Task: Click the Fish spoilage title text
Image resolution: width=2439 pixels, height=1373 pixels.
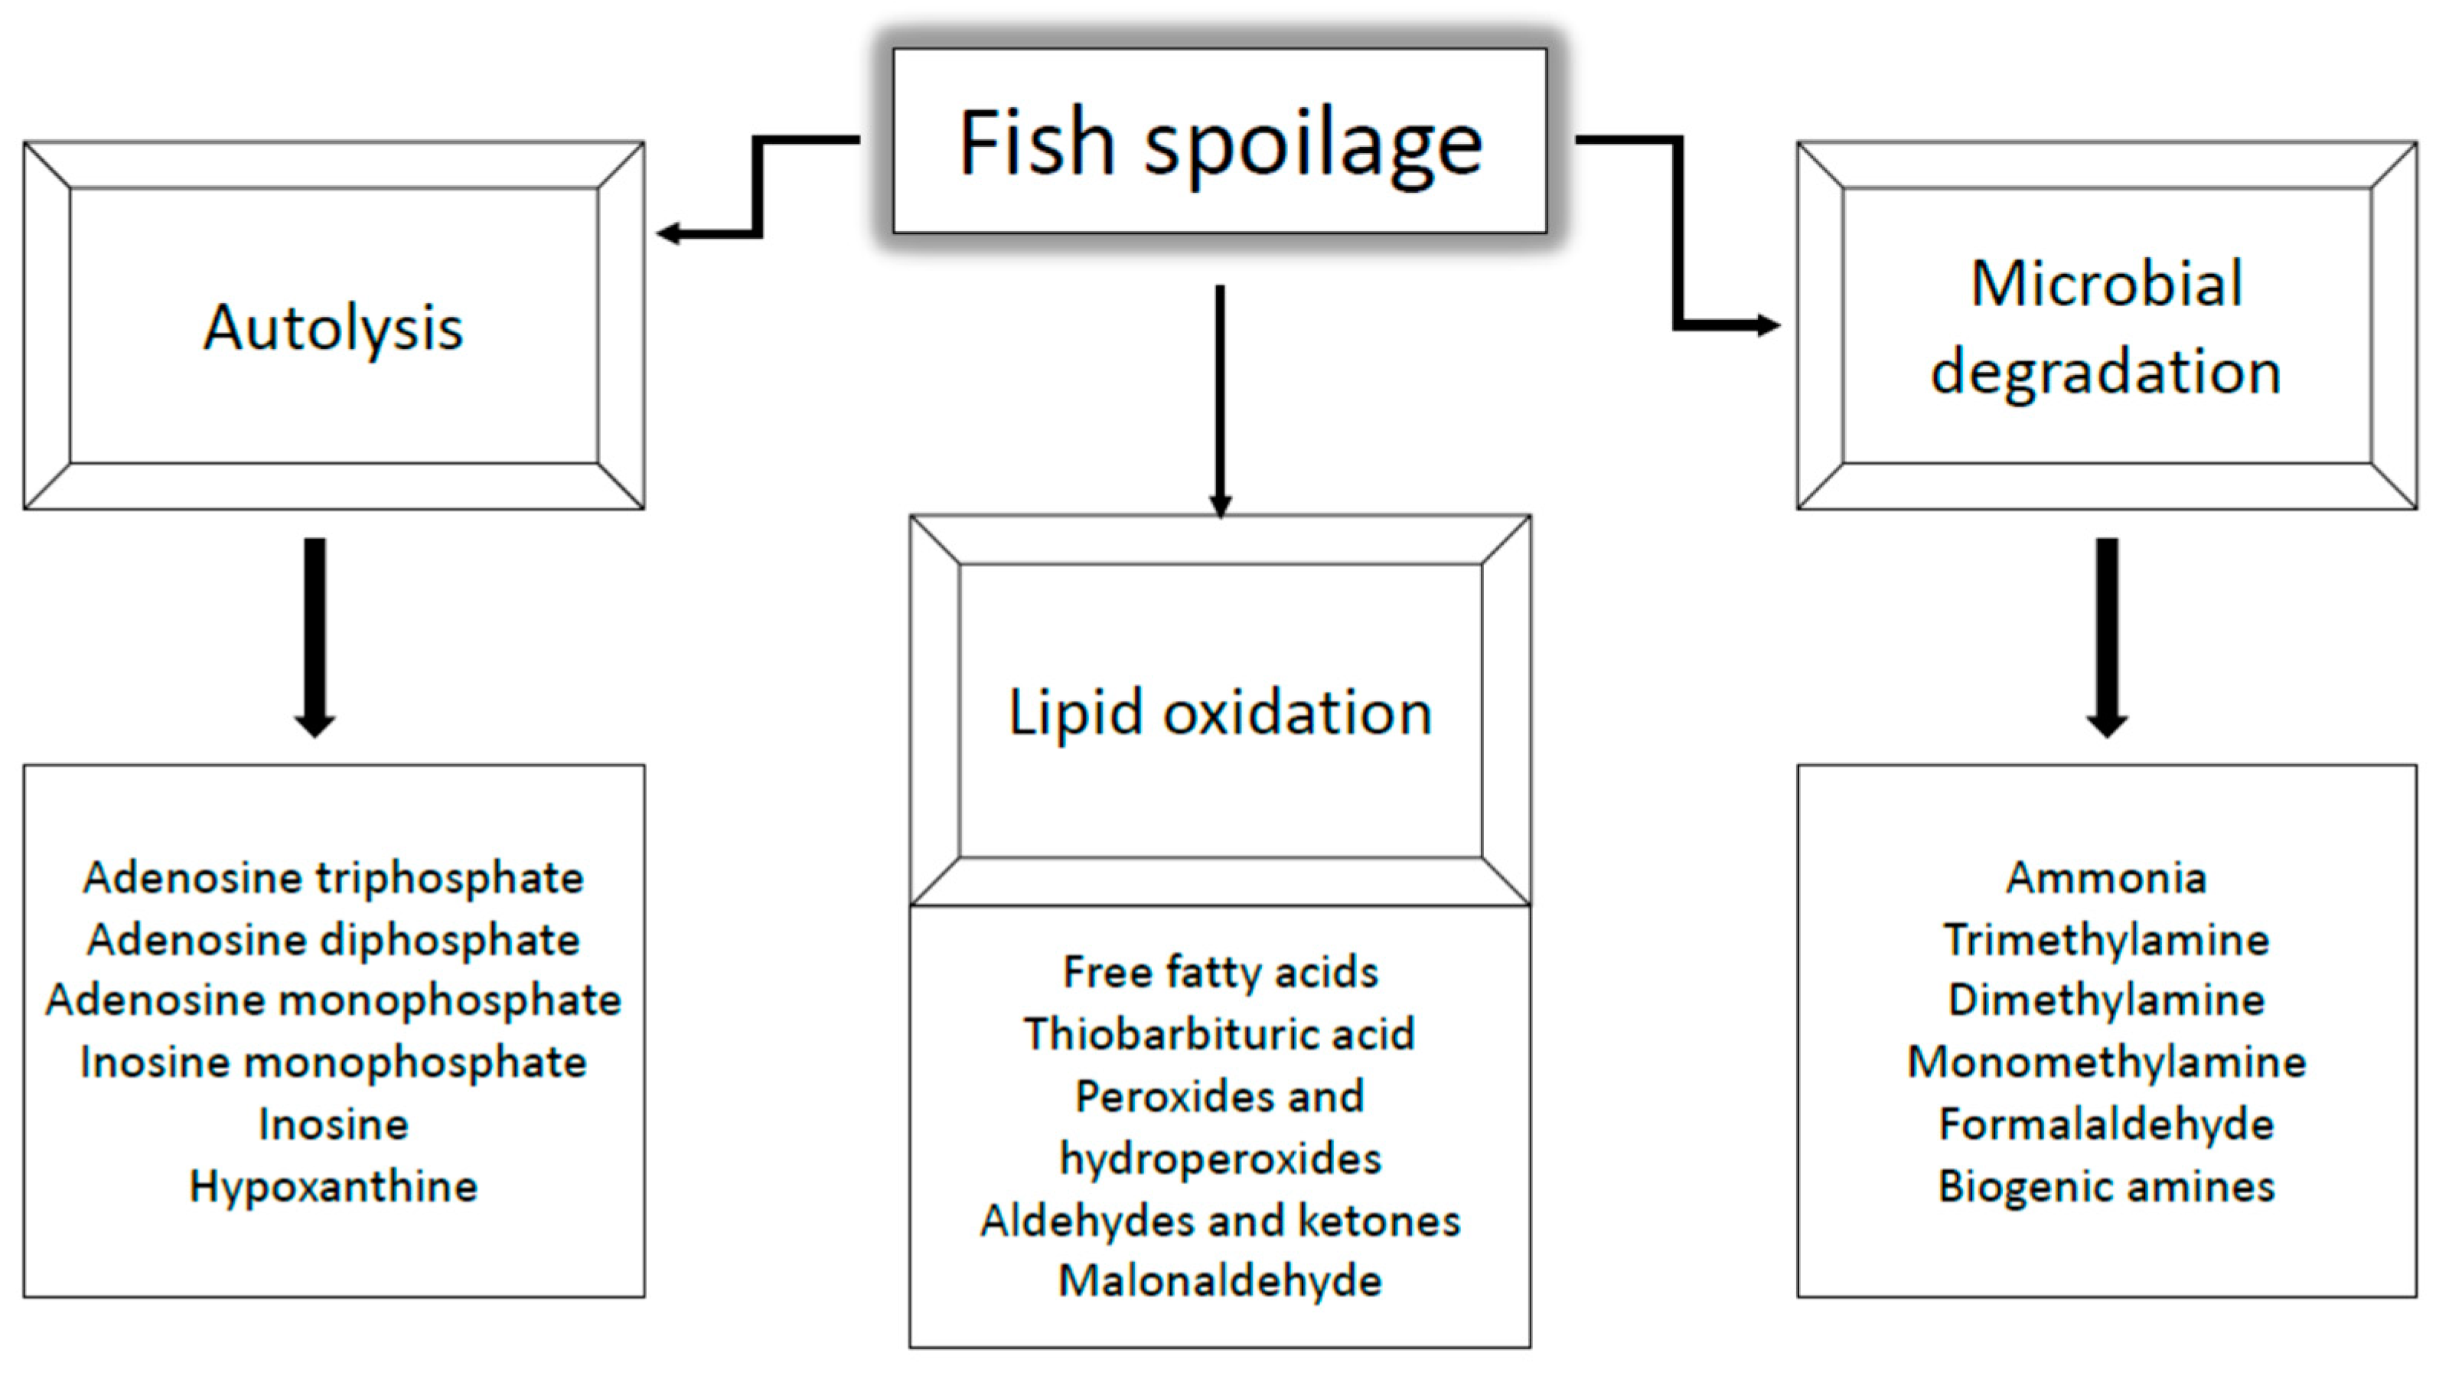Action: [1220, 144]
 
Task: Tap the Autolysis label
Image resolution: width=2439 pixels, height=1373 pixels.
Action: [333, 328]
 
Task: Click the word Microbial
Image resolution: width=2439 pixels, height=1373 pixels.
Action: [2106, 283]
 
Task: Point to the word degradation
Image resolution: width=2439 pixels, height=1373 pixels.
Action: [2106, 371]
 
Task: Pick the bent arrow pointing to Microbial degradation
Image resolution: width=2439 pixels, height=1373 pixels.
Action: [1678, 236]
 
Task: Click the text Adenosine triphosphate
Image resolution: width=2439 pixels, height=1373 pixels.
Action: [333, 878]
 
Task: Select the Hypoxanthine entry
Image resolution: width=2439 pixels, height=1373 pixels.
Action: [333, 1186]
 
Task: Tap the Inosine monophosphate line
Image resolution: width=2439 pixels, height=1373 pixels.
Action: [333, 1062]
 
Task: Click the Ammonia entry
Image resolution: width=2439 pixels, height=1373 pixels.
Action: [2106, 878]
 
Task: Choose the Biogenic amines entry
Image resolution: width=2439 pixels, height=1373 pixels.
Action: [2106, 1186]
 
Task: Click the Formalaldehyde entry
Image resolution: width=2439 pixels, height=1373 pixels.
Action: [2106, 1125]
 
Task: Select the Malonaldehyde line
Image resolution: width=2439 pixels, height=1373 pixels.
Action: [1220, 1281]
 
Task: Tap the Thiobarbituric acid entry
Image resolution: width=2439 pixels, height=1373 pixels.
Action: [1220, 1034]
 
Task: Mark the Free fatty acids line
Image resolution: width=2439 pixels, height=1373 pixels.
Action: [1220, 971]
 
